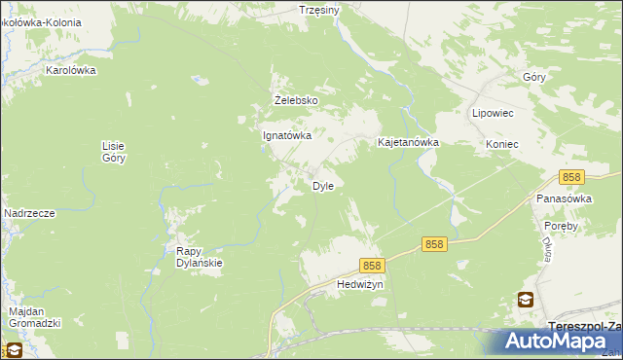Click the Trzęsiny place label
pyautogui.click(x=318, y=10)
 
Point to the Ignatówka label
pyautogui.click(x=287, y=136)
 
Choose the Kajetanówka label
pyautogui.click(x=409, y=142)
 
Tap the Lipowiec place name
pyautogui.click(x=493, y=113)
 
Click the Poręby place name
pyautogui.click(x=562, y=226)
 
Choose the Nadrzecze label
pyautogui.click(x=28, y=213)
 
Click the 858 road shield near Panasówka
pyautogui.click(x=571, y=177)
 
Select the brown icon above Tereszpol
pyautogui.click(x=526, y=301)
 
